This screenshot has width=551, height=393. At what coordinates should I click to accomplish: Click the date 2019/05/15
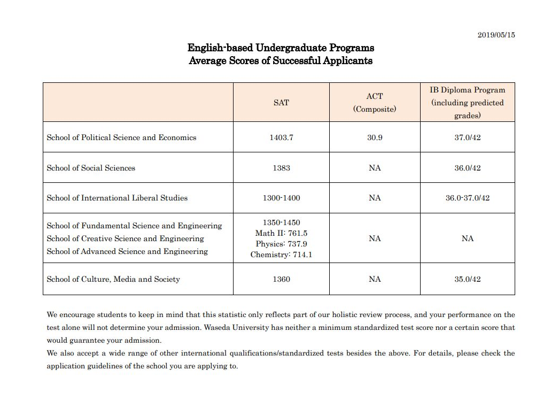tap(496, 35)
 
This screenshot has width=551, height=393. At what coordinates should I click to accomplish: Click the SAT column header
tap(281, 103)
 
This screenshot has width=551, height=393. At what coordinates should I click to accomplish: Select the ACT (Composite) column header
tap(375, 103)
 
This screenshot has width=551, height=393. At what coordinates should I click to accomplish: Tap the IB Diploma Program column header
tap(468, 102)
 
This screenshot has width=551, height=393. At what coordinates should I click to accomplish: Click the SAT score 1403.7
tap(281, 137)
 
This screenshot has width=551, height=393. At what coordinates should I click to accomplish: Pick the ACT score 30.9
tap(375, 137)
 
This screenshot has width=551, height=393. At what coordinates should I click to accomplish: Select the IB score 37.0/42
tap(468, 137)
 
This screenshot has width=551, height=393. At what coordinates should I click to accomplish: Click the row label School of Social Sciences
tap(91, 168)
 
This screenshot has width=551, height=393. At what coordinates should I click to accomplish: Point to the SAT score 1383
tap(281, 168)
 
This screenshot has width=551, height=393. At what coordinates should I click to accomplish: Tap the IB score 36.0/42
tap(468, 168)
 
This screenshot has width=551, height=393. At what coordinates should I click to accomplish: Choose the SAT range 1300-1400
tap(281, 198)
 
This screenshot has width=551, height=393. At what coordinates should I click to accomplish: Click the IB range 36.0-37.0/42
tap(468, 198)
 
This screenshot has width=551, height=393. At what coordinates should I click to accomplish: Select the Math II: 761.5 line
tap(281, 233)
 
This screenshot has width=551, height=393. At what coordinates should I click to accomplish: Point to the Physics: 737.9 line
tap(281, 244)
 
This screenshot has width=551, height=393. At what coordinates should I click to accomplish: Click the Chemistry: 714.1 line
tap(281, 255)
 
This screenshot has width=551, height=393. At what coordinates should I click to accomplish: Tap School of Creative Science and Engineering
tap(125, 238)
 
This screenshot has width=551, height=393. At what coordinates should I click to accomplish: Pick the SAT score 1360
tap(281, 279)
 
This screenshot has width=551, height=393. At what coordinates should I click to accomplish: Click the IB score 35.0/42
tap(468, 279)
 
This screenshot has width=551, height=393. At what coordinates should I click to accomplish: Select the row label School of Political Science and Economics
tap(121, 137)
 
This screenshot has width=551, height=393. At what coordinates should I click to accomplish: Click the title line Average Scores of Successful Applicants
tap(281, 60)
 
